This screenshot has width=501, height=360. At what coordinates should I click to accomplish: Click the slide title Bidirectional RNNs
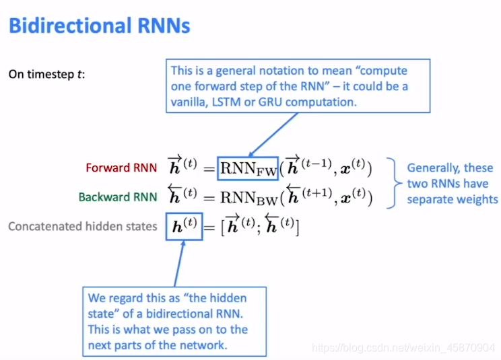100,26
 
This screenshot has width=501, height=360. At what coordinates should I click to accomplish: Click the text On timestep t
46,74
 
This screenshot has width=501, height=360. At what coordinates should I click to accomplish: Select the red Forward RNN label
121,168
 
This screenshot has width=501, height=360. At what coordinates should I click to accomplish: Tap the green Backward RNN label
118,197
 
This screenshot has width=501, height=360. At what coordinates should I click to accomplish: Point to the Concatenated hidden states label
82,227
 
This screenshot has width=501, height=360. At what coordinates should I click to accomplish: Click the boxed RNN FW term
248,168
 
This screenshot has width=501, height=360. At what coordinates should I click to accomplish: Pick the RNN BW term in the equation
248,197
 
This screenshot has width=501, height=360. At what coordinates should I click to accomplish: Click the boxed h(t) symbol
183,227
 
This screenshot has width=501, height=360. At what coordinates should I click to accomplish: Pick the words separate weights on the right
452,199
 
